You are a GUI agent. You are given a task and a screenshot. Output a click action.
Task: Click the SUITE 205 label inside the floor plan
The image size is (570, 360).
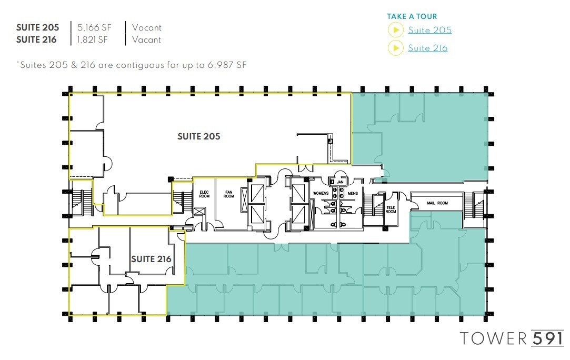click(x=198, y=136)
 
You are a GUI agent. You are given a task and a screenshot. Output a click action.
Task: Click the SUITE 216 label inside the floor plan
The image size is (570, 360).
click(x=151, y=259)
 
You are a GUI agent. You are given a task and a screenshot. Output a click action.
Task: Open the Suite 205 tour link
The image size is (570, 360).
click(x=429, y=30)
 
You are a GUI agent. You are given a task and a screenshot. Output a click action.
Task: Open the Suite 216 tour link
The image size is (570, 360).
click(x=427, y=48)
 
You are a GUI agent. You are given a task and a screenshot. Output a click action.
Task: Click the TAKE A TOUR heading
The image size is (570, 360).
click(x=412, y=16)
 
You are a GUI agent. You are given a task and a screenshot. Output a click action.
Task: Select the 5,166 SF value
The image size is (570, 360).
click(x=95, y=27)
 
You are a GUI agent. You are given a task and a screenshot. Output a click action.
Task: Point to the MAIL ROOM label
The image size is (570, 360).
click(x=436, y=203)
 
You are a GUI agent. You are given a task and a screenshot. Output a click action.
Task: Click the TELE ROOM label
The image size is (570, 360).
click(x=391, y=209)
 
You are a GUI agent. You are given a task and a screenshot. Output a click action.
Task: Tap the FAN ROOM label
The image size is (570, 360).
click(x=228, y=194)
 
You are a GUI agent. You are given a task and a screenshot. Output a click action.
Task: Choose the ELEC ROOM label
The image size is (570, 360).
click(x=204, y=194)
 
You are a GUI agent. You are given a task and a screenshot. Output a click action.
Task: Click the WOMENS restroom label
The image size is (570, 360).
click(x=321, y=193)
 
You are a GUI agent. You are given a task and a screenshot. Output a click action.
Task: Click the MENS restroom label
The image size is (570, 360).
click(x=353, y=193)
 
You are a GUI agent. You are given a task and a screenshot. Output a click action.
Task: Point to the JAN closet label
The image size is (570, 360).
click(x=340, y=182)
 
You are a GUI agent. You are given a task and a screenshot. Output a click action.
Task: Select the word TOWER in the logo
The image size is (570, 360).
click(x=493, y=338)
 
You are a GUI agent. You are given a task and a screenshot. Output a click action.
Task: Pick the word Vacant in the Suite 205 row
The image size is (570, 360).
click(x=147, y=27)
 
